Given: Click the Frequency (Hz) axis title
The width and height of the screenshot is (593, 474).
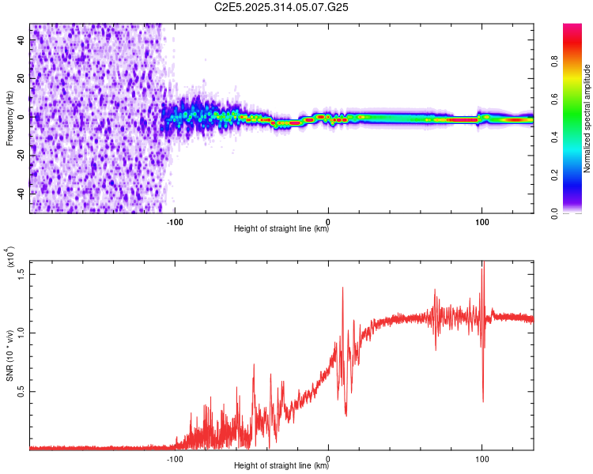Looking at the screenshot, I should (9, 118).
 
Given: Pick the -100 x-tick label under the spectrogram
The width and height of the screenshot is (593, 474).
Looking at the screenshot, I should (175, 223).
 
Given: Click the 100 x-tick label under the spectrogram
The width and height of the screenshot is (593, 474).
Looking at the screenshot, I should (482, 223).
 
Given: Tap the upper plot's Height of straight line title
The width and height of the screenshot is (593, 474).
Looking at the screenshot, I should (281, 230).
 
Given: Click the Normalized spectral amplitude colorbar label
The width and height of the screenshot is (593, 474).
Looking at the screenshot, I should (587, 118).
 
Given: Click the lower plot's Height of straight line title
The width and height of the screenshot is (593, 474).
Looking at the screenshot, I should (281, 466).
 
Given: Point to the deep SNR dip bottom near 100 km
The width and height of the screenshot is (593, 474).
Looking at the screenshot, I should (483, 401).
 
